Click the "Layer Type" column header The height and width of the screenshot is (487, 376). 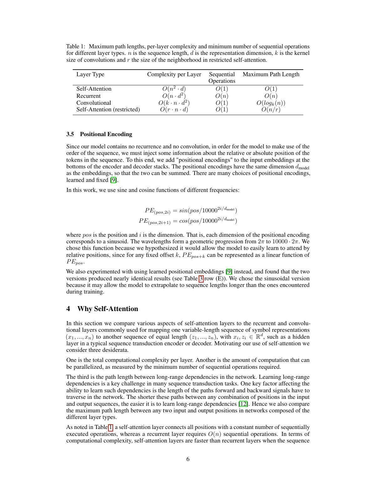90,74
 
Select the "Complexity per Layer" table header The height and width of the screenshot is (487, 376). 174,74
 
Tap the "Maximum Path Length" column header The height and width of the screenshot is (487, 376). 271,74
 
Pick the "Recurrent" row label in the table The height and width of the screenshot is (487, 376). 88,96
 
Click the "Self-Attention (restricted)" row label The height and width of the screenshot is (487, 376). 108,109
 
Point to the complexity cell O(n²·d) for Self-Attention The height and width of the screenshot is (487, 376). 174,89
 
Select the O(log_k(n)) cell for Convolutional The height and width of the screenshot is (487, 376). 271,103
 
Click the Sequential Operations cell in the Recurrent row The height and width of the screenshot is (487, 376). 222,96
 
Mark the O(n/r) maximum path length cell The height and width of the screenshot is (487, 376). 271,109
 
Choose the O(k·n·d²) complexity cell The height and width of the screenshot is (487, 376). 174,103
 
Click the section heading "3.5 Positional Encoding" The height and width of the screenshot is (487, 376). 99,134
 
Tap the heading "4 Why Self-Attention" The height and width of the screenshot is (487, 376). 102,309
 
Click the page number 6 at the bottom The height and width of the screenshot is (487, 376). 188,459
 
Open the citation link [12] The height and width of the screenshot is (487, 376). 243,404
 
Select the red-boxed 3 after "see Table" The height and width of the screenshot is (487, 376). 201,278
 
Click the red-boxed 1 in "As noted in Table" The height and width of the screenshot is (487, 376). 110,427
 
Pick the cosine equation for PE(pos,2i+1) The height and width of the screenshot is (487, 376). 188,221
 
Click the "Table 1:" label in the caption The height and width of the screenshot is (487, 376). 76,46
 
